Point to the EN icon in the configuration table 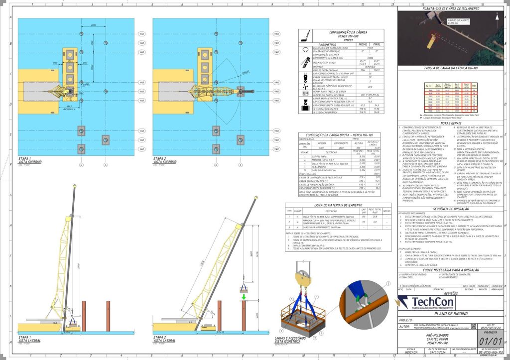click(x=305, y=93)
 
